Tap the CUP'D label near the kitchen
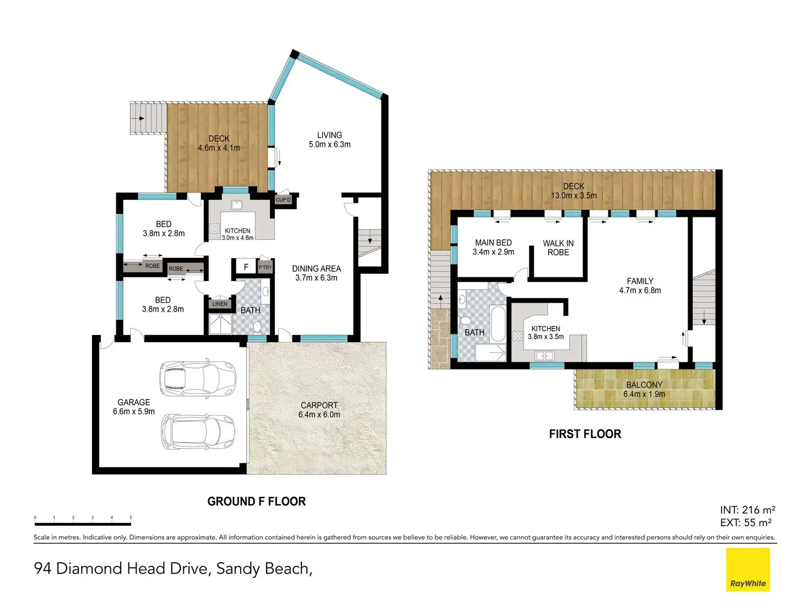pos(283,200)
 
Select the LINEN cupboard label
pos(220,304)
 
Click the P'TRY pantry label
pos(265,268)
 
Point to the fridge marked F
pos(246,267)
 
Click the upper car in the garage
pos(197,378)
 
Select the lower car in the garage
pos(198,431)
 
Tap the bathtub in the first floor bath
pos(498,324)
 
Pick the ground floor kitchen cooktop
pos(215,228)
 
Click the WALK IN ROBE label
pos(558,248)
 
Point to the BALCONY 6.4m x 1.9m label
pos(644,389)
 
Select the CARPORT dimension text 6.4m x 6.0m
pos(319,414)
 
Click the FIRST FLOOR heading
pos(585,434)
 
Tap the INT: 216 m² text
pos(748,510)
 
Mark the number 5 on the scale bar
pos(131,517)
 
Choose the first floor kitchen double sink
pos(544,356)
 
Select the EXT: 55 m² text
pos(745,522)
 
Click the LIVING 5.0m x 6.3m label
pos(329,140)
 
